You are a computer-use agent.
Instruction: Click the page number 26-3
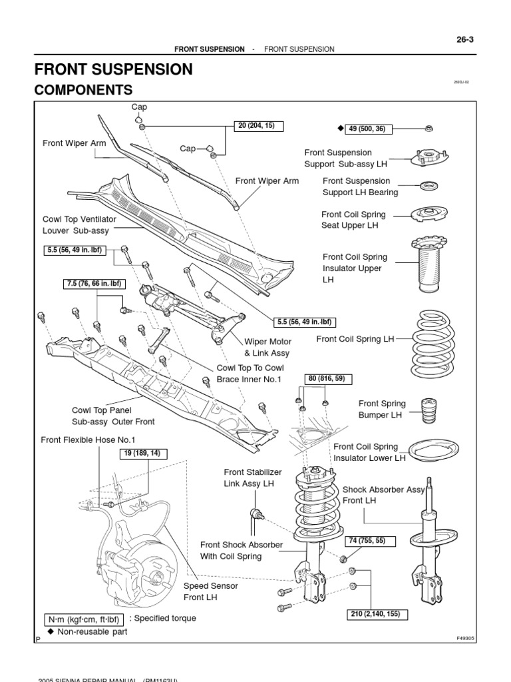(482, 40)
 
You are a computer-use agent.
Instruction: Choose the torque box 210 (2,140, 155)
(376, 613)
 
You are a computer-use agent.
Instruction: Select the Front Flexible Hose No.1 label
(88, 440)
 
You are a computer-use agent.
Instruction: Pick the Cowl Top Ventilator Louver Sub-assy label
(79, 224)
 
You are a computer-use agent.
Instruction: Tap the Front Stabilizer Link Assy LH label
(249, 478)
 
